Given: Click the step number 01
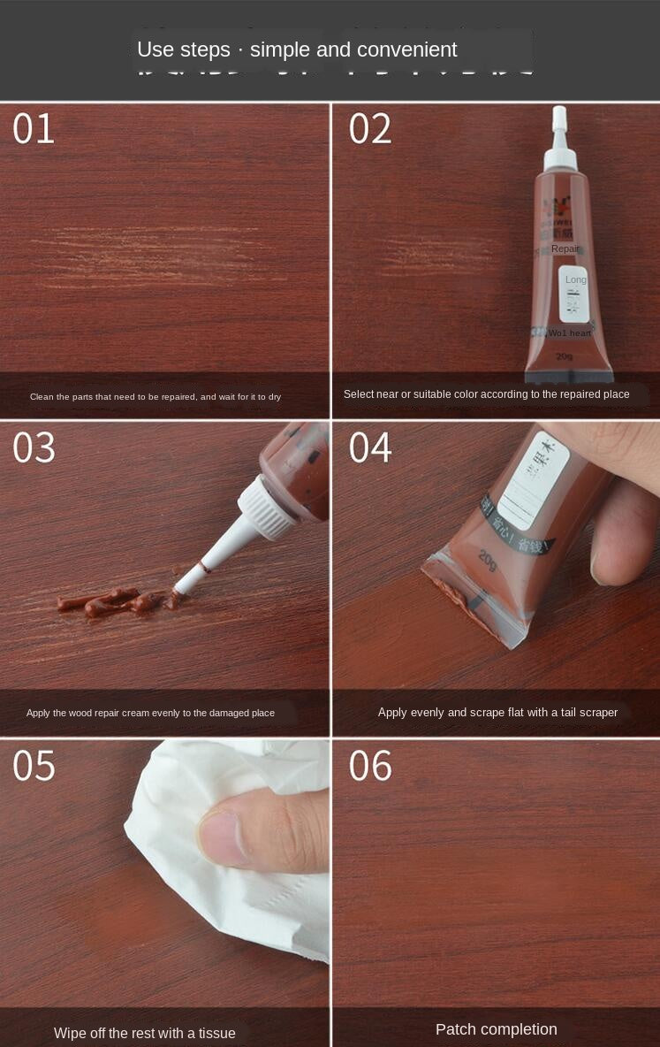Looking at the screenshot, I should click(x=34, y=129).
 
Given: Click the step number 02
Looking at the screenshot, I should click(x=369, y=129).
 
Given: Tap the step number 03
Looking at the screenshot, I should click(x=34, y=447).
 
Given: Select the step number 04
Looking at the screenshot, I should click(x=369, y=447).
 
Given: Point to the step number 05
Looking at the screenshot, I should click(x=34, y=766).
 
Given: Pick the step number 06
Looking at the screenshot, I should click(x=369, y=766).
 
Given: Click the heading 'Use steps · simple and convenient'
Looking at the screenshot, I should click(x=297, y=50).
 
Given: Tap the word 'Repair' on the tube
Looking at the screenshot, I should click(x=565, y=249).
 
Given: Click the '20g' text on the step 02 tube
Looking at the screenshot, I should click(x=564, y=356).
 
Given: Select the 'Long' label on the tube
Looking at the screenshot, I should click(x=575, y=280).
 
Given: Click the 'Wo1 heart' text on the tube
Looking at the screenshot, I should click(x=569, y=333).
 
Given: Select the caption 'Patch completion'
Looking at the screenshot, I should click(x=496, y=1029).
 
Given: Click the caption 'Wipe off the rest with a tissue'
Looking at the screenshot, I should click(x=145, y=1033).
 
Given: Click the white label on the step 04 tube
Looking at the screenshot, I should click(x=533, y=478).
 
